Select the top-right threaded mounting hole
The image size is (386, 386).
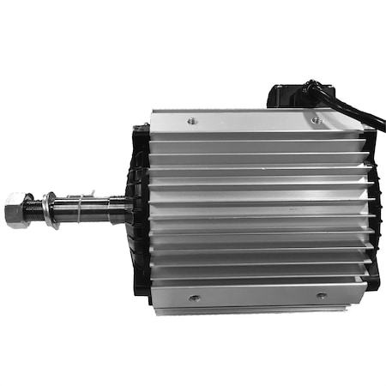point(317,121)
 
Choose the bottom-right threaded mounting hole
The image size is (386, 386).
point(322,296)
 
